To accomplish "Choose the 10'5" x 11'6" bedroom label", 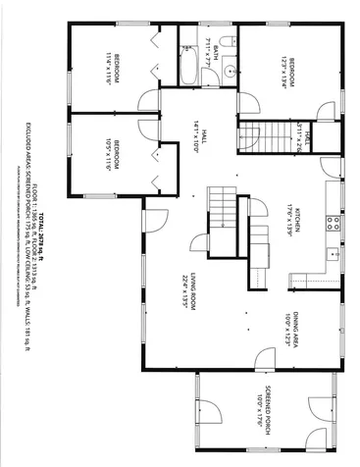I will tap(114, 155).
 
